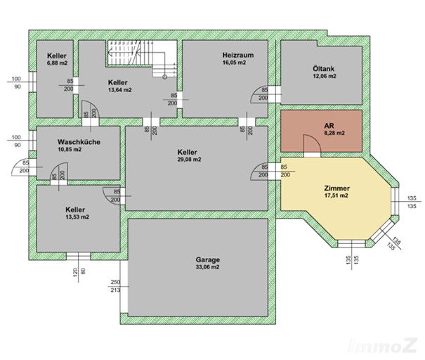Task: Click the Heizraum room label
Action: point(238,55)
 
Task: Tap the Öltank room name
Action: point(323,69)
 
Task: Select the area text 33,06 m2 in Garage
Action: point(207,267)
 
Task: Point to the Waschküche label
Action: point(79,142)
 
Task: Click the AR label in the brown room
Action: point(329,126)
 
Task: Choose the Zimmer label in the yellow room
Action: point(337,188)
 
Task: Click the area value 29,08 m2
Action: point(189,160)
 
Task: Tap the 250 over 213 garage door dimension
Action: point(115,286)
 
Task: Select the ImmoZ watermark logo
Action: point(382,345)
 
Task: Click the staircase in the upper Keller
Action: point(142,58)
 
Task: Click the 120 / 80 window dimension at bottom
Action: point(79,271)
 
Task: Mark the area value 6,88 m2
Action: point(57,63)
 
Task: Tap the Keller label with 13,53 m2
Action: point(75,210)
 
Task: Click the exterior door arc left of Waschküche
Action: point(20,167)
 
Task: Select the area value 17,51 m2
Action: point(336,195)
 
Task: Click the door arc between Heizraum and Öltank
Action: point(259,94)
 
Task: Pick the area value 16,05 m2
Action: point(234,63)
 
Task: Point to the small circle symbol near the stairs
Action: point(164,77)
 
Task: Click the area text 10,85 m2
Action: point(70,150)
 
